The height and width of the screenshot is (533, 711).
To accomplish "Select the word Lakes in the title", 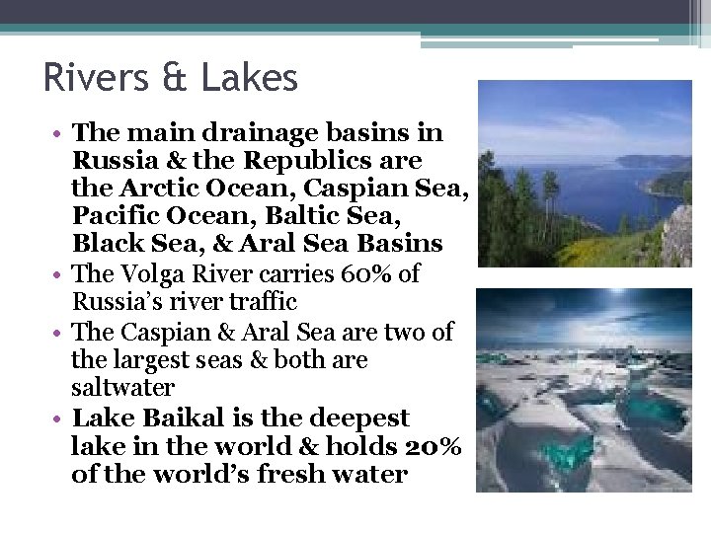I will (x=253, y=77).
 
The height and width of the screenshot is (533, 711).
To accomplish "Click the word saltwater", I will (x=122, y=388).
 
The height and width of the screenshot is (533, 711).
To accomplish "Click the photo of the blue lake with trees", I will (x=585, y=174).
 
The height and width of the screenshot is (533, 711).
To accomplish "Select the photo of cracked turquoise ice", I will (x=585, y=390).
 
